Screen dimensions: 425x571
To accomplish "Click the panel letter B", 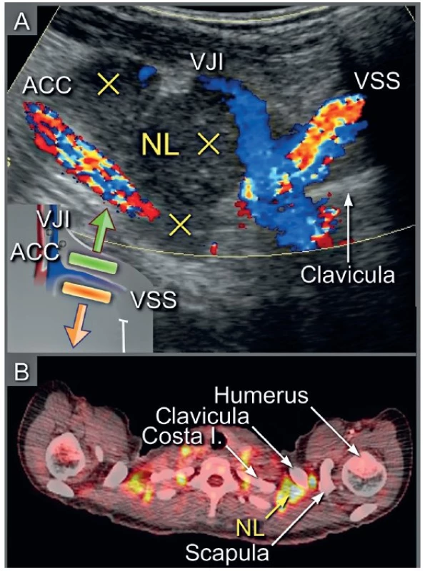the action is tap(22, 372).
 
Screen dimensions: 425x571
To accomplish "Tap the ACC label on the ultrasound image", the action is tap(47, 86).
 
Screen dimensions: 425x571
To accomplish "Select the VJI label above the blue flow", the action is tap(209, 62).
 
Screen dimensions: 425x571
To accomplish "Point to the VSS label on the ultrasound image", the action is tap(378, 81).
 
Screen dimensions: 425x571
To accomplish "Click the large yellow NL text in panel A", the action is tap(161, 145).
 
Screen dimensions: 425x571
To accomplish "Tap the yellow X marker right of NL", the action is tap(209, 143).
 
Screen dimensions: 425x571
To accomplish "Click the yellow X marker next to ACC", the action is tap(109, 84).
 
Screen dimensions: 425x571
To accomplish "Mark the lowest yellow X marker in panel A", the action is tap(180, 224).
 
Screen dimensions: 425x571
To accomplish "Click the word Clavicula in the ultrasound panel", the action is tap(348, 275).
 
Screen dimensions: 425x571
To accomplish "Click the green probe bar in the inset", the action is tap(94, 263).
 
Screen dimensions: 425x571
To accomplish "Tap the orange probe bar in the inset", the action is tap(86, 292).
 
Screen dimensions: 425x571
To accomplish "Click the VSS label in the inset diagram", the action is tap(154, 300).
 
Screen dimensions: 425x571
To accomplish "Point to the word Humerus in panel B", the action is tap(261, 395).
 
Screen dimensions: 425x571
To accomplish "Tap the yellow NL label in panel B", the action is tap(250, 527).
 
